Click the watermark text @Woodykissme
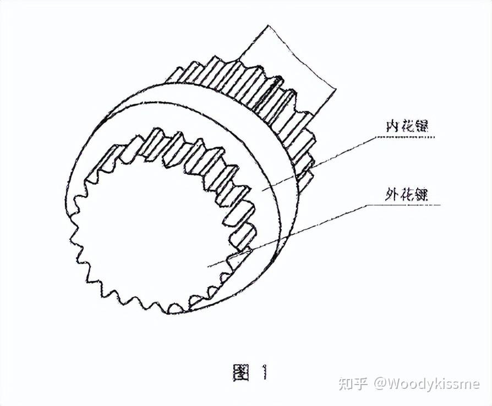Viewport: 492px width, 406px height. click(427, 383)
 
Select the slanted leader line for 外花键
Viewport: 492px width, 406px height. click(286, 234)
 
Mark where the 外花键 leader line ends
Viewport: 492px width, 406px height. click(207, 266)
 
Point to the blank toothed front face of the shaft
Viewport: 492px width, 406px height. click(143, 242)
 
